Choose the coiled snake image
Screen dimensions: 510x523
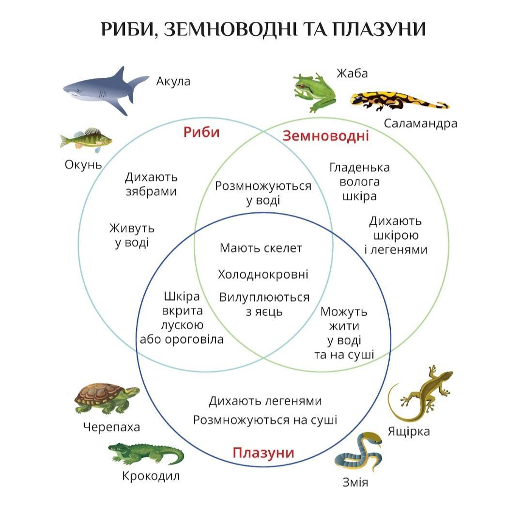click(358, 452)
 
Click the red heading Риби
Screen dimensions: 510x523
click(201, 132)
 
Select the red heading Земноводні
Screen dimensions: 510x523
click(325, 136)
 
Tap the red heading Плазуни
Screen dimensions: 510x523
click(263, 453)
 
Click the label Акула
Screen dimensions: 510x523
click(173, 81)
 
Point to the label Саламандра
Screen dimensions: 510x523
click(420, 123)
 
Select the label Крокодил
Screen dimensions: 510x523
click(151, 476)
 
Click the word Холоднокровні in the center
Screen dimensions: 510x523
click(263, 275)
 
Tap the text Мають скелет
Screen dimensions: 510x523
click(261, 248)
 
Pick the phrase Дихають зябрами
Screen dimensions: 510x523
click(151, 184)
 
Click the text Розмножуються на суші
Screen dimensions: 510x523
click(265, 420)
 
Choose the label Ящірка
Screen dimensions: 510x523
click(409, 431)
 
